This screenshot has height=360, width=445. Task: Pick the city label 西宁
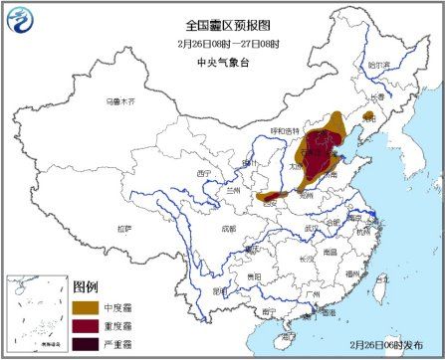click(x=204, y=173)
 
